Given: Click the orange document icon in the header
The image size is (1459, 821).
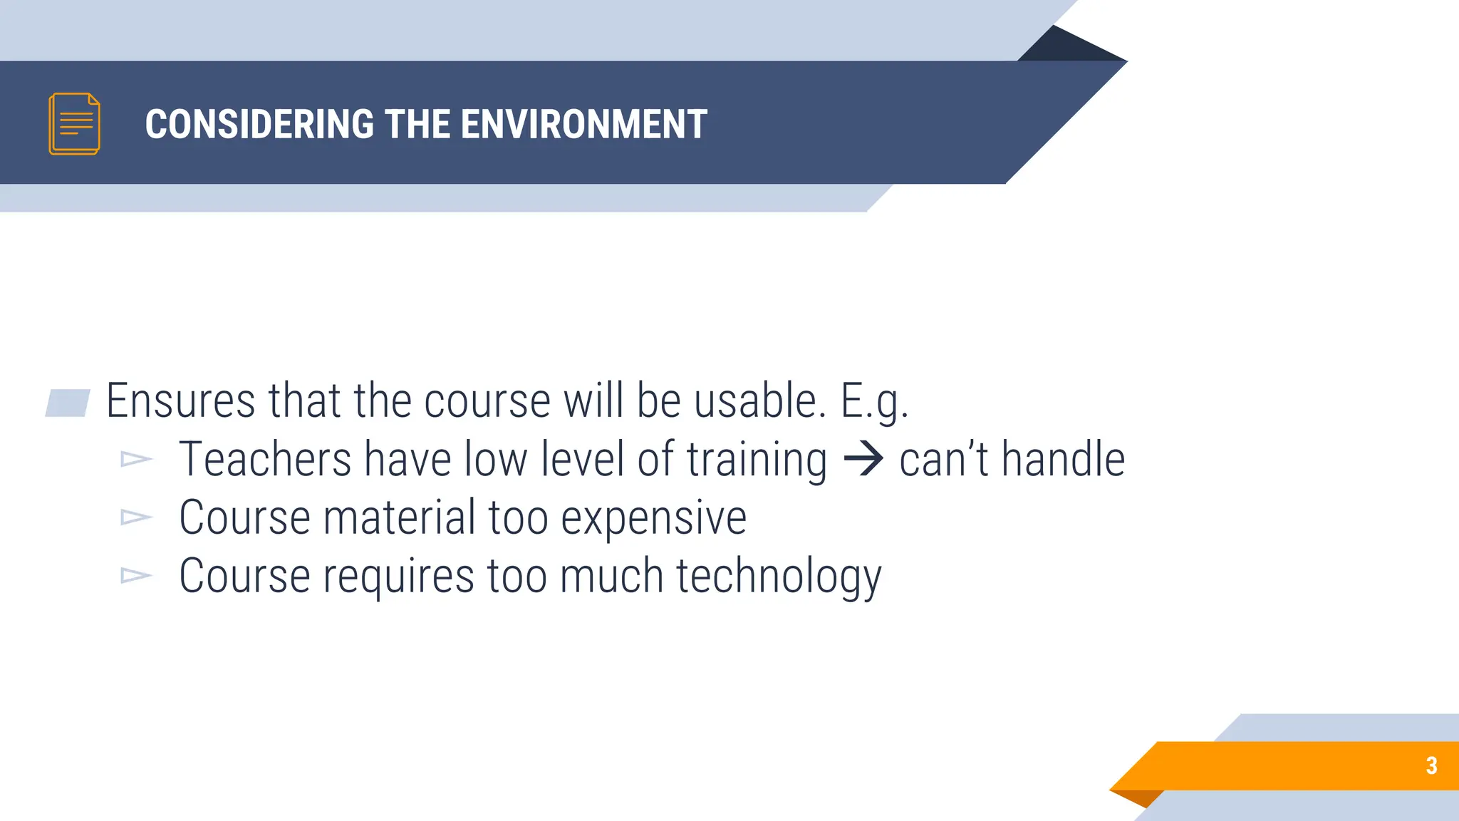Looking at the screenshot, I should pos(74,124).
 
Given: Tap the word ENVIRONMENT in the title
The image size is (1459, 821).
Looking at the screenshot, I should pos(584,124).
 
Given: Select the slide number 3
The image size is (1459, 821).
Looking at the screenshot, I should pos(1431,765).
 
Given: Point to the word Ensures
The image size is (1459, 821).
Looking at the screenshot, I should pos(180,401).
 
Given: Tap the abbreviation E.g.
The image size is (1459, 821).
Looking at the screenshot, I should pos(874,402).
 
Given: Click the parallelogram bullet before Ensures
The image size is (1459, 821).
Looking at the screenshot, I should pos(68,403).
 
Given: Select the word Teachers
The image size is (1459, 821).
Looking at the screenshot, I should pos(265,459).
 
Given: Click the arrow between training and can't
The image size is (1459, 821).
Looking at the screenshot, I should pos(863,459).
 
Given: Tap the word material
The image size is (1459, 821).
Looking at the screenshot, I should pos(399,517).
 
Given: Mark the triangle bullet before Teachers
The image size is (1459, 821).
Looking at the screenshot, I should pos(135,459).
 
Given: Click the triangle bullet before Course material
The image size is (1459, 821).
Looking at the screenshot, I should pos(135,517).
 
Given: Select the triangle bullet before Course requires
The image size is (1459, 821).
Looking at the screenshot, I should pos(135,575).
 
